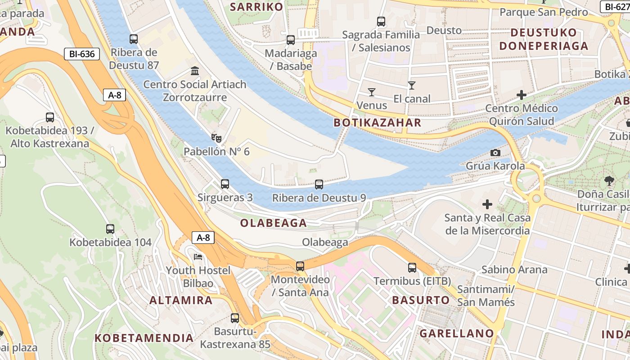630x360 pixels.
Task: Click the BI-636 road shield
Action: pos(81,54)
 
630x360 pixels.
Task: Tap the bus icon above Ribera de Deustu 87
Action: pos(134,39)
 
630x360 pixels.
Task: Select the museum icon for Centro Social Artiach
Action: pos(195,71)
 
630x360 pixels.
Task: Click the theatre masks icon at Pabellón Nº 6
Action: pos(216,138)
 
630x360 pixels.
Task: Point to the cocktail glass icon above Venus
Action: pos(371,92)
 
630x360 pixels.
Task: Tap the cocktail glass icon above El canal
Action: pos(411,85)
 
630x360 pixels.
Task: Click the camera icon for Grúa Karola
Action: pos(495,153)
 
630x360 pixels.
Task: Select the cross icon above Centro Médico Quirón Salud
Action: pos(522,95)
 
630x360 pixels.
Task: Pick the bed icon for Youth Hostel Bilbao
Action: pos(198,257)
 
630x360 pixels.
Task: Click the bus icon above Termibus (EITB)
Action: pos(412,268)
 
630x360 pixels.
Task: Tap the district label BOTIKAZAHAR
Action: pos(378,123)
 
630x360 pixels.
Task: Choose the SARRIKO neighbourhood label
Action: pos(256,7)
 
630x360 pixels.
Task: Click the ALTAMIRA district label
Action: pos(181,300)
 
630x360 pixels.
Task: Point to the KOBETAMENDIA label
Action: pos(144,337)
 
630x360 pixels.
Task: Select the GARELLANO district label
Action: pos(457,333)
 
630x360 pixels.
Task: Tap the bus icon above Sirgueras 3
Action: pos(225,184)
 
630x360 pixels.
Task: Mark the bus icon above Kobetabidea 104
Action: pos(110,229)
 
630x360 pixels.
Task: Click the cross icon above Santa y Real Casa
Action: pos(487,205)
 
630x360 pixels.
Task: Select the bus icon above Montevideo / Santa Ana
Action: pos(300,266)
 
